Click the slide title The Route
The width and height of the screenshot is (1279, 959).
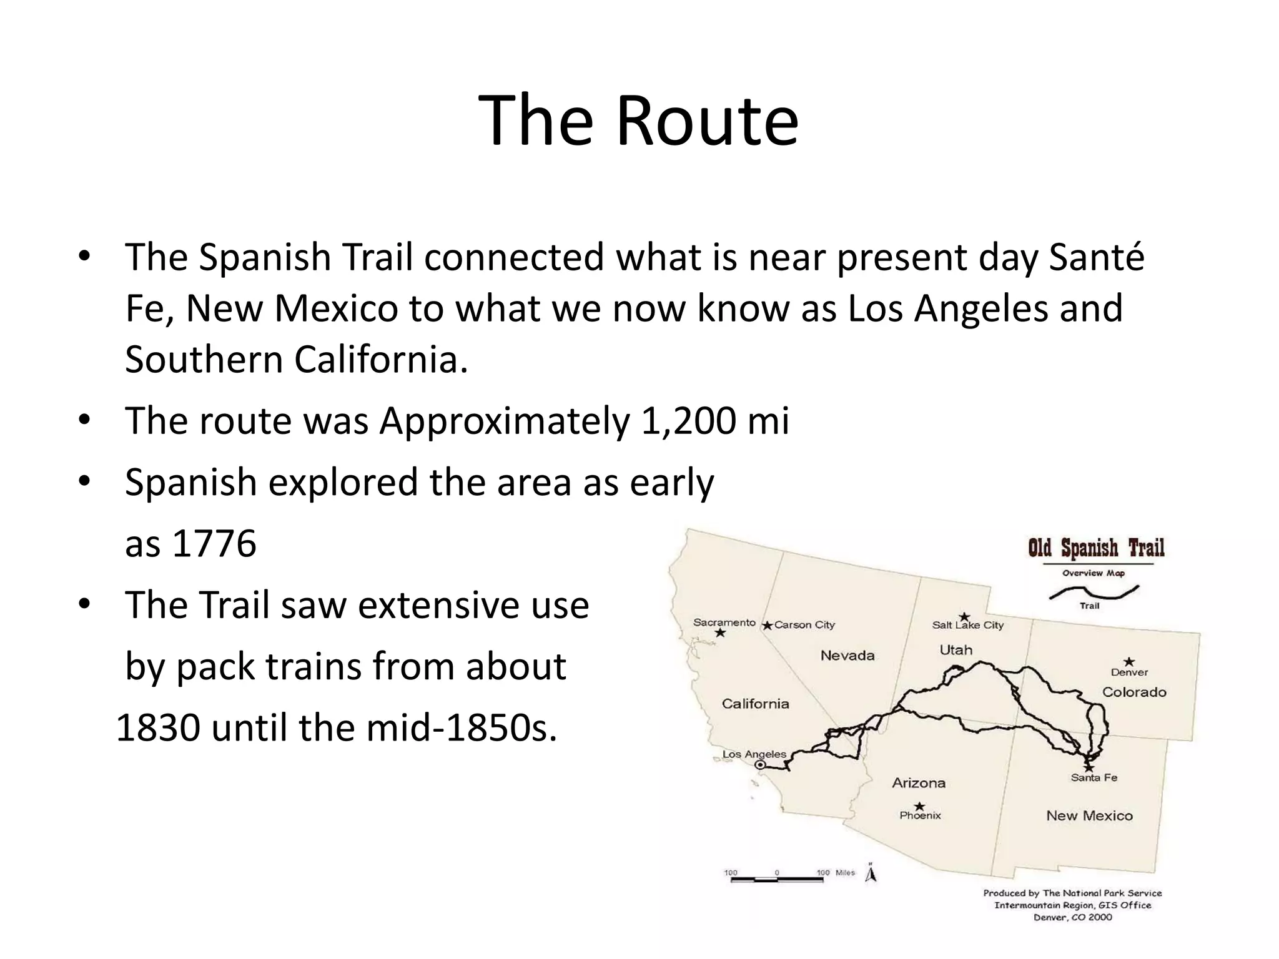(638, 120)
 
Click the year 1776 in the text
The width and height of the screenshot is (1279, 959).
(214, 543)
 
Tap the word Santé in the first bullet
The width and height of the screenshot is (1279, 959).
(1097, 257)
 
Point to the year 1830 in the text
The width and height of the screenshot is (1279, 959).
(158, 728)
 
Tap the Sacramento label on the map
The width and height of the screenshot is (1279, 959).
(724, 622)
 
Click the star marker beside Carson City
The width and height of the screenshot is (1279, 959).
(768, 626)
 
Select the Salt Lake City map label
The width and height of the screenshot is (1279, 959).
(967, 625)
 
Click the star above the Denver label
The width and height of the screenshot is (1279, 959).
(1129, 662)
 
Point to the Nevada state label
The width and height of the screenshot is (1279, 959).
(847, 656)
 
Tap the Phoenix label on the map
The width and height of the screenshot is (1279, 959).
(920, 815)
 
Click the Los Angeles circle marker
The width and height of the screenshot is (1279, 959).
(760, 765)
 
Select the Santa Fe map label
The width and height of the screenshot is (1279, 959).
(1094, 778)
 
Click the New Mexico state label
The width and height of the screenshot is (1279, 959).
(1089, 816)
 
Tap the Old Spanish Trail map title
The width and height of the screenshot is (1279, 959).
(1096, 548)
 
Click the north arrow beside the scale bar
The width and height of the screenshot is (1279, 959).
(871, 874)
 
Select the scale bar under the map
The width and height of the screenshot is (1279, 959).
(777, 879)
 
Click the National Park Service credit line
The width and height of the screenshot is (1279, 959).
(1072, 893)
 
